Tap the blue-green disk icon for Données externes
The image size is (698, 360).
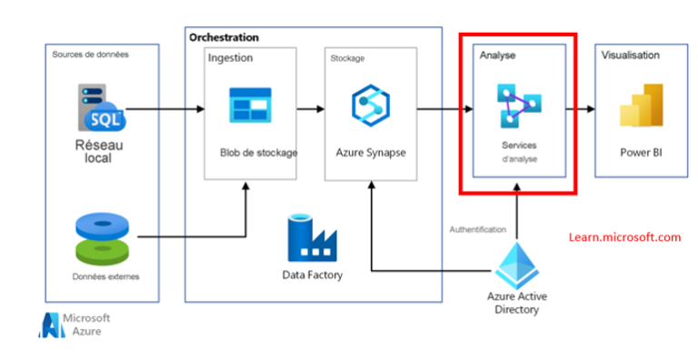pos(101,237)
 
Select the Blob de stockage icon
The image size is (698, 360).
pos(251,106)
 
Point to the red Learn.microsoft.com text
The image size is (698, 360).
pos(624,237)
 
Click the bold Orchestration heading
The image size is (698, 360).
pos(223,37)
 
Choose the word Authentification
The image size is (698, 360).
pos(477,230)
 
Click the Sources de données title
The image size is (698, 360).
pos(90,55)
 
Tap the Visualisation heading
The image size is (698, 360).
pos(631,55)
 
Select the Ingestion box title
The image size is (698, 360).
pos(230,57)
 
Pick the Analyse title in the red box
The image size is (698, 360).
pos(497,56)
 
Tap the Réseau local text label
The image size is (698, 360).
pos(100,150)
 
